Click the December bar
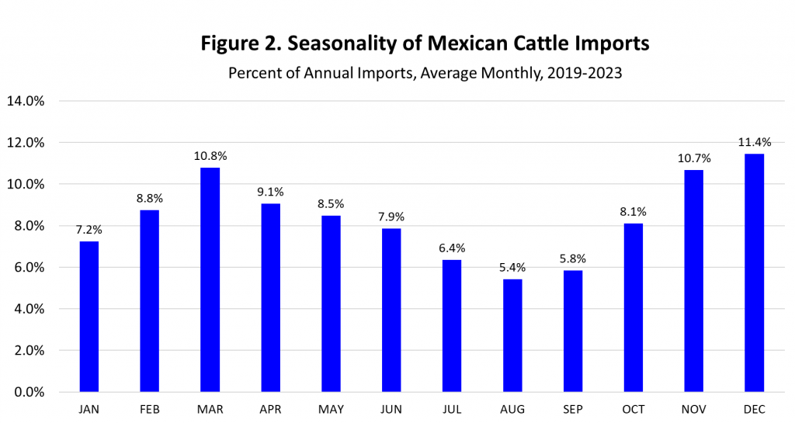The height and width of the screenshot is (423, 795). [x=754, y=272]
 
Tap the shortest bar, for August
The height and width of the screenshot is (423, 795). [x=512, y=335]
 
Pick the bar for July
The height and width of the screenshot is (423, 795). [x=452, y=325]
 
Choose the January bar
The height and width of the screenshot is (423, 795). [x=89, y=317]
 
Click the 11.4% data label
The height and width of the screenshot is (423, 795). [x=754, y=140]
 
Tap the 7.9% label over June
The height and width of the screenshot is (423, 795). [x=391, y=216]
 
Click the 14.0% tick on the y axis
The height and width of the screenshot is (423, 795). [x=26, y=101]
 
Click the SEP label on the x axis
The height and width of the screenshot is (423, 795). [x=573, y=407]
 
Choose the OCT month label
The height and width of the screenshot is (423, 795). [x=634, y=407]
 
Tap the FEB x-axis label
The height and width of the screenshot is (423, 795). [x=150, y=407]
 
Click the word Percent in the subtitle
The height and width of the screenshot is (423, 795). [x=253, y=74]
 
